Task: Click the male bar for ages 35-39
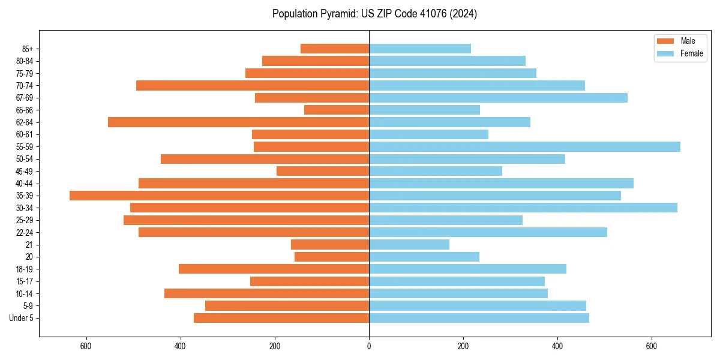point(219,196)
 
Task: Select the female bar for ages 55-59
point(524,146)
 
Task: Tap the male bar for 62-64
point(238,122)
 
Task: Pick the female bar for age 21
point(409,244)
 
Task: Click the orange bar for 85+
point(335,49)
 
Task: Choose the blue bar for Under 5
point(479,318)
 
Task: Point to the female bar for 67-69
point(498,98)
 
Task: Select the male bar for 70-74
point(253,85)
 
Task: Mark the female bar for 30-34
point(523,208)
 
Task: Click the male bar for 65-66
point(337,110)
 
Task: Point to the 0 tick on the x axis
point(369,346)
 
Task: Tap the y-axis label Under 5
point(22,318)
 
